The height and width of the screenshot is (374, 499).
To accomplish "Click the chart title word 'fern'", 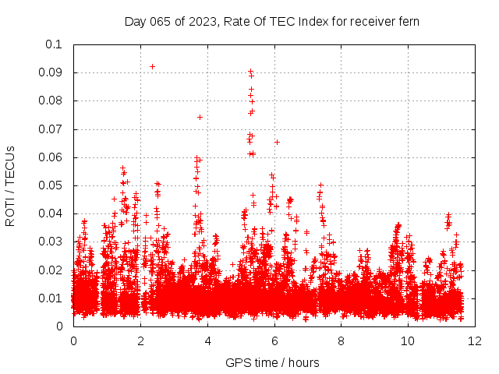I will (407, 21).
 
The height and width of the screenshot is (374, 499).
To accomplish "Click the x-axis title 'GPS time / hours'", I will (272, 362).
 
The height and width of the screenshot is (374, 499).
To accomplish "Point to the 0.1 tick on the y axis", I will (53, 44).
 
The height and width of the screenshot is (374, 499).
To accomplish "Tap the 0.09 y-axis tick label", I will (50, 72).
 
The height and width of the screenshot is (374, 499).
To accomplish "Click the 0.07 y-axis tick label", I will (50, 129).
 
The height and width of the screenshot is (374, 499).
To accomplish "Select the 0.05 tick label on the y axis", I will (50, 185).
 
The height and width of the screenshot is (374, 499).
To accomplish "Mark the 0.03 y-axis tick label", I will (50, 242).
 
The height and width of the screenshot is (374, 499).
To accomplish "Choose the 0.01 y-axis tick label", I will (50, 298).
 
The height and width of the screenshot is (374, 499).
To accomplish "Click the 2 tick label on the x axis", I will (140, 340).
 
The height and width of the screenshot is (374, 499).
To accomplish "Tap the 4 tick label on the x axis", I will (207, 340).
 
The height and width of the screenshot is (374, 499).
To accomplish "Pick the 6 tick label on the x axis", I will (274, 340).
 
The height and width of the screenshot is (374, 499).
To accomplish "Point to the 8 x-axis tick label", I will (342, 340).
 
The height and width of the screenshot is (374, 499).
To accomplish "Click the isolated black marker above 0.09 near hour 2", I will (152, 66).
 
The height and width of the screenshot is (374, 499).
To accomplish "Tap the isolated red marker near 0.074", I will (200, 117).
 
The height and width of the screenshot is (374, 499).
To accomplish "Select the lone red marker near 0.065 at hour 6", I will (277, 142).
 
